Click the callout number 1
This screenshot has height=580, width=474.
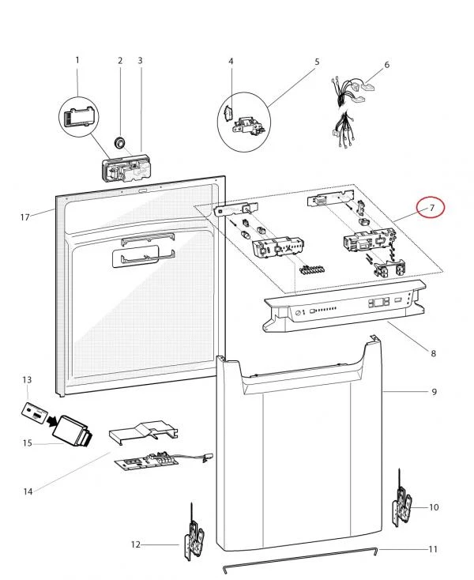point(77,60)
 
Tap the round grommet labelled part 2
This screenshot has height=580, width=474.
point(119,142)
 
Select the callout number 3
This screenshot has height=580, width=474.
point(140,60)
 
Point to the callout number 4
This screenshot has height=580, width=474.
point(231,61)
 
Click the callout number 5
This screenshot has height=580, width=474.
point(317,62)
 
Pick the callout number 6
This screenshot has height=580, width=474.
point(387,65)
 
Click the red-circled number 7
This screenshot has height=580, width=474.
point(432,208)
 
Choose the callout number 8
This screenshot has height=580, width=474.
point(434,353)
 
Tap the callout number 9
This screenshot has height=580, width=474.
point(434,391)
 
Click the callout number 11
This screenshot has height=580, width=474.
point(433,549)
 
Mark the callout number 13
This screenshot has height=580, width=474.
point(27,380)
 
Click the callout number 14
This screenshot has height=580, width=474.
point(28,491)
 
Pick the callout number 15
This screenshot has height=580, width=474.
point(28,443)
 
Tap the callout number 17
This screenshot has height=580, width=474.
point(24,217)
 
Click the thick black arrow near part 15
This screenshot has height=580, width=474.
point(52,420)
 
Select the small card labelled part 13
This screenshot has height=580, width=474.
point(35,412)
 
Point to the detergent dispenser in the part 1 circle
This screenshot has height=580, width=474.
point(79,118)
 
